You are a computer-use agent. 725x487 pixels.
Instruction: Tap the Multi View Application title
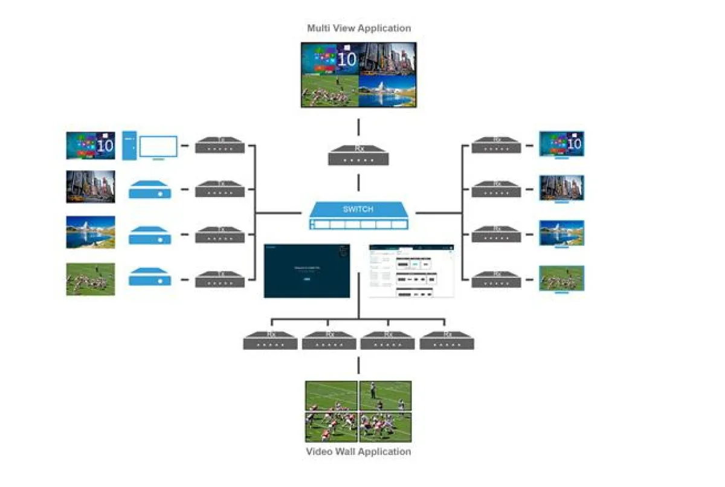pos(359,28)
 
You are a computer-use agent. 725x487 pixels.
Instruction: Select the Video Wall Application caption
pos(358,451)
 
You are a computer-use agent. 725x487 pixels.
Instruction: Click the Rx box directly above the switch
pos(358,155)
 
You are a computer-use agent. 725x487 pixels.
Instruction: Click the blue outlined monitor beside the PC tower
pos(158,147)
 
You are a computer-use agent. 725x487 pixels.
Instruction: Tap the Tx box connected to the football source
pos(220,279)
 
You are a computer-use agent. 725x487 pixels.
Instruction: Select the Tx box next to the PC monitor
pos(220,146)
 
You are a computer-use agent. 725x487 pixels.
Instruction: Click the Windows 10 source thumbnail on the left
pos(91,146)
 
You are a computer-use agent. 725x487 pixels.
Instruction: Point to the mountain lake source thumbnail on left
pos(91,233)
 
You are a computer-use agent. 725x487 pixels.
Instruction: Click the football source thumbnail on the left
pos(91,279)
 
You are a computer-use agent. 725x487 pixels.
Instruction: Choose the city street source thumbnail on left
pos(91,187)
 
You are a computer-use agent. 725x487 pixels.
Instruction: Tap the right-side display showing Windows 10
pos(562,144)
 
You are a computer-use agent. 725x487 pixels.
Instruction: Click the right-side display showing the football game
pos(562,279)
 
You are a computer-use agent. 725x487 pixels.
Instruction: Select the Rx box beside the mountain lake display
pos(496,234)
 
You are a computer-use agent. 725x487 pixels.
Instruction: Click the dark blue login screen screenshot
pos(307,271)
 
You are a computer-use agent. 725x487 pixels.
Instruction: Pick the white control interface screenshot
pos(411,271)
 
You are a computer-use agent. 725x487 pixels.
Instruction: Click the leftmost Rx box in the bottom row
pos(270,340)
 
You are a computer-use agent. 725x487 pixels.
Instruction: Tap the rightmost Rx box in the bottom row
pos(447,340)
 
